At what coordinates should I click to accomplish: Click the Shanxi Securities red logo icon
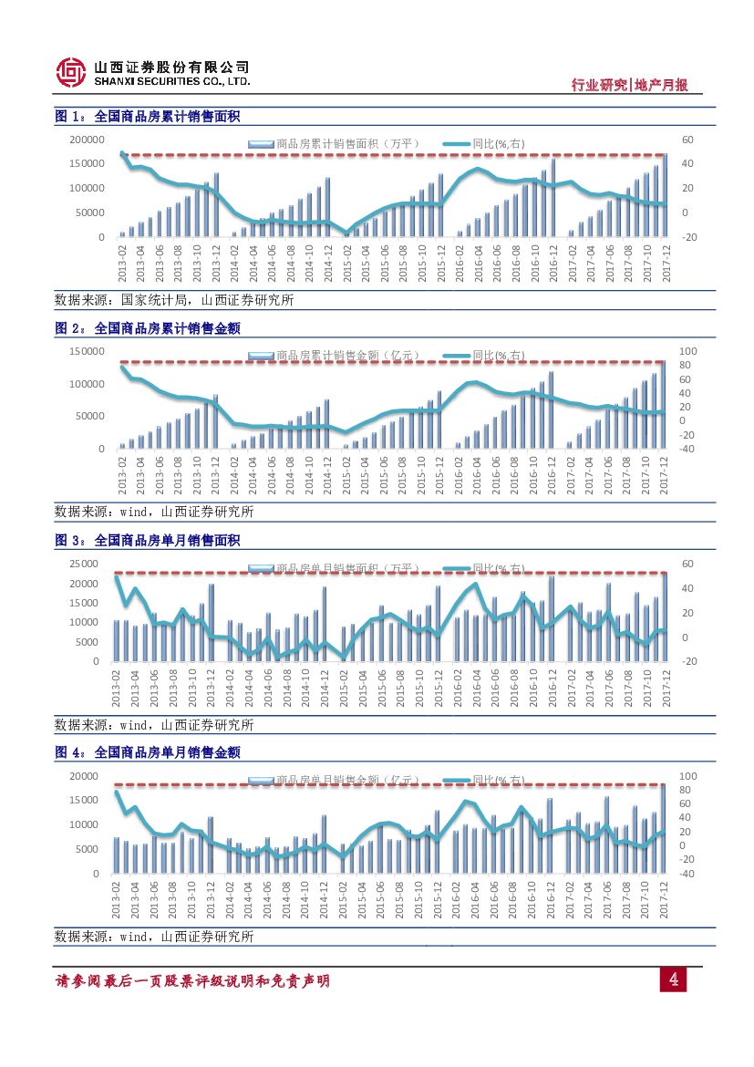[x=70, y=73]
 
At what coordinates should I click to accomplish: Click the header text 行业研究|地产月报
[x=629, y=85]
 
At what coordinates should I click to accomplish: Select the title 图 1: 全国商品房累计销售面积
[x=148, y=117]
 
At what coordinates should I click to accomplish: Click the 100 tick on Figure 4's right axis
[x=688, y=776]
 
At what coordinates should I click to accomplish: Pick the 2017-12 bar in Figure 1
[x=665, y=196]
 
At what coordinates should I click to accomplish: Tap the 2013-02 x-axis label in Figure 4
[x=119, y=900]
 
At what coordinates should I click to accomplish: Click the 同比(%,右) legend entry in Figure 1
[x=498, y=143]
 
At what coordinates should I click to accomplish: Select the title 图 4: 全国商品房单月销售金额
[x=148, y=752]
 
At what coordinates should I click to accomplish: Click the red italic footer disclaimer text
[x=192, y=981]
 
